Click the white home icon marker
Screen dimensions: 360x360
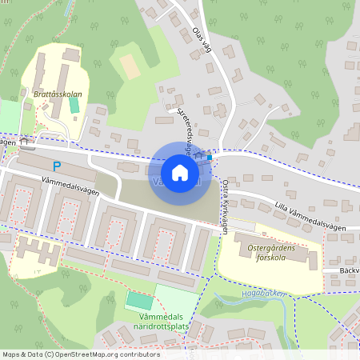click(180, 173)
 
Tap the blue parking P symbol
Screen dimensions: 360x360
click(56, 166)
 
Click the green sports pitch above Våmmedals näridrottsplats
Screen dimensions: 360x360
click(139, 302)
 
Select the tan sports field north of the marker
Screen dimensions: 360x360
click(130, 66)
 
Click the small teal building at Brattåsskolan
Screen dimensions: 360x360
click(74, 105)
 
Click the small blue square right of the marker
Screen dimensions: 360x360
click(210, 157)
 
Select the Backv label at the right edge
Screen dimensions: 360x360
click(349, 270)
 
